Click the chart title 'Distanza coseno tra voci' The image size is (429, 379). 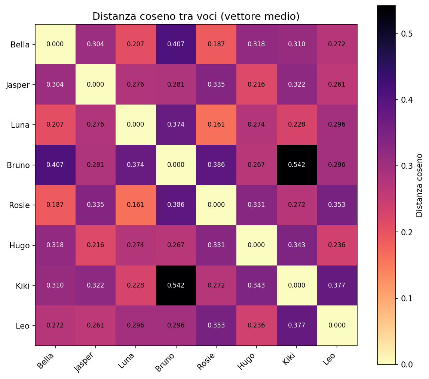196,17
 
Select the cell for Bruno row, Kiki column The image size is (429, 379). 297,165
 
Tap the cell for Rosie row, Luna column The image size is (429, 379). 136,205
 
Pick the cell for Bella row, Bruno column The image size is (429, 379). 176,44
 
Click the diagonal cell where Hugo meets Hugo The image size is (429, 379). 256,245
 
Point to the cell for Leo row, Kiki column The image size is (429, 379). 297,326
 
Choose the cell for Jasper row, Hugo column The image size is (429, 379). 256,84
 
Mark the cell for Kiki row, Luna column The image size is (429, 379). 136,285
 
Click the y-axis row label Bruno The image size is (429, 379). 18,165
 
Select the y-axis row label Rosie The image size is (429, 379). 19,205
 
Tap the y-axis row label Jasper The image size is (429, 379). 18,85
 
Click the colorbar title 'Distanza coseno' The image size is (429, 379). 420,185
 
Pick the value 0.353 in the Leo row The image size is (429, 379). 216,326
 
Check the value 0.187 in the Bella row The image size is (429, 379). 216,44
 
